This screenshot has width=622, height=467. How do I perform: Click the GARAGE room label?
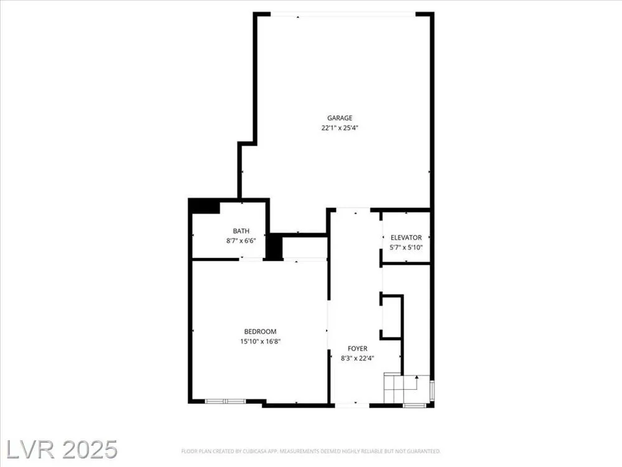[340, 118]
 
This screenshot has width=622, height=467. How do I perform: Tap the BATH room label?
[241, 231]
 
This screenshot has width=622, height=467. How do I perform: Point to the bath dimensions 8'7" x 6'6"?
[241, 240]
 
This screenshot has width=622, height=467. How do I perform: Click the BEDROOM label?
[260, 332]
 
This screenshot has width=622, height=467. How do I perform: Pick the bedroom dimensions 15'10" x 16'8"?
[260, 341]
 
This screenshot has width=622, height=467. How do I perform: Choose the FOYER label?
[358, 348]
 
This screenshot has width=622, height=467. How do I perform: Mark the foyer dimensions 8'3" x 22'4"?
[358, 358]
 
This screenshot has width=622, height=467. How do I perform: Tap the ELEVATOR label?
[406, 237]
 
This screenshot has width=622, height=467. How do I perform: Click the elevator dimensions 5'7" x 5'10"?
[406, 247]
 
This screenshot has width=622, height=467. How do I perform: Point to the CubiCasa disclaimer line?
[311, 451]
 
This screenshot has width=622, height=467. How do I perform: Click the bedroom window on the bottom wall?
[225, 401]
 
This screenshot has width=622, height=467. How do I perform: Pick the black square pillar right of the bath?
[274, 247]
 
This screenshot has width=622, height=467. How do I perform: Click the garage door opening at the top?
[343, 15]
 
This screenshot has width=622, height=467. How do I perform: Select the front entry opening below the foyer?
[352, 405]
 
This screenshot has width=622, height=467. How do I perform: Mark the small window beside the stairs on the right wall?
[432, 390]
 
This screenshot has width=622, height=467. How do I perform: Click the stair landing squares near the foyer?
[394, 387]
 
